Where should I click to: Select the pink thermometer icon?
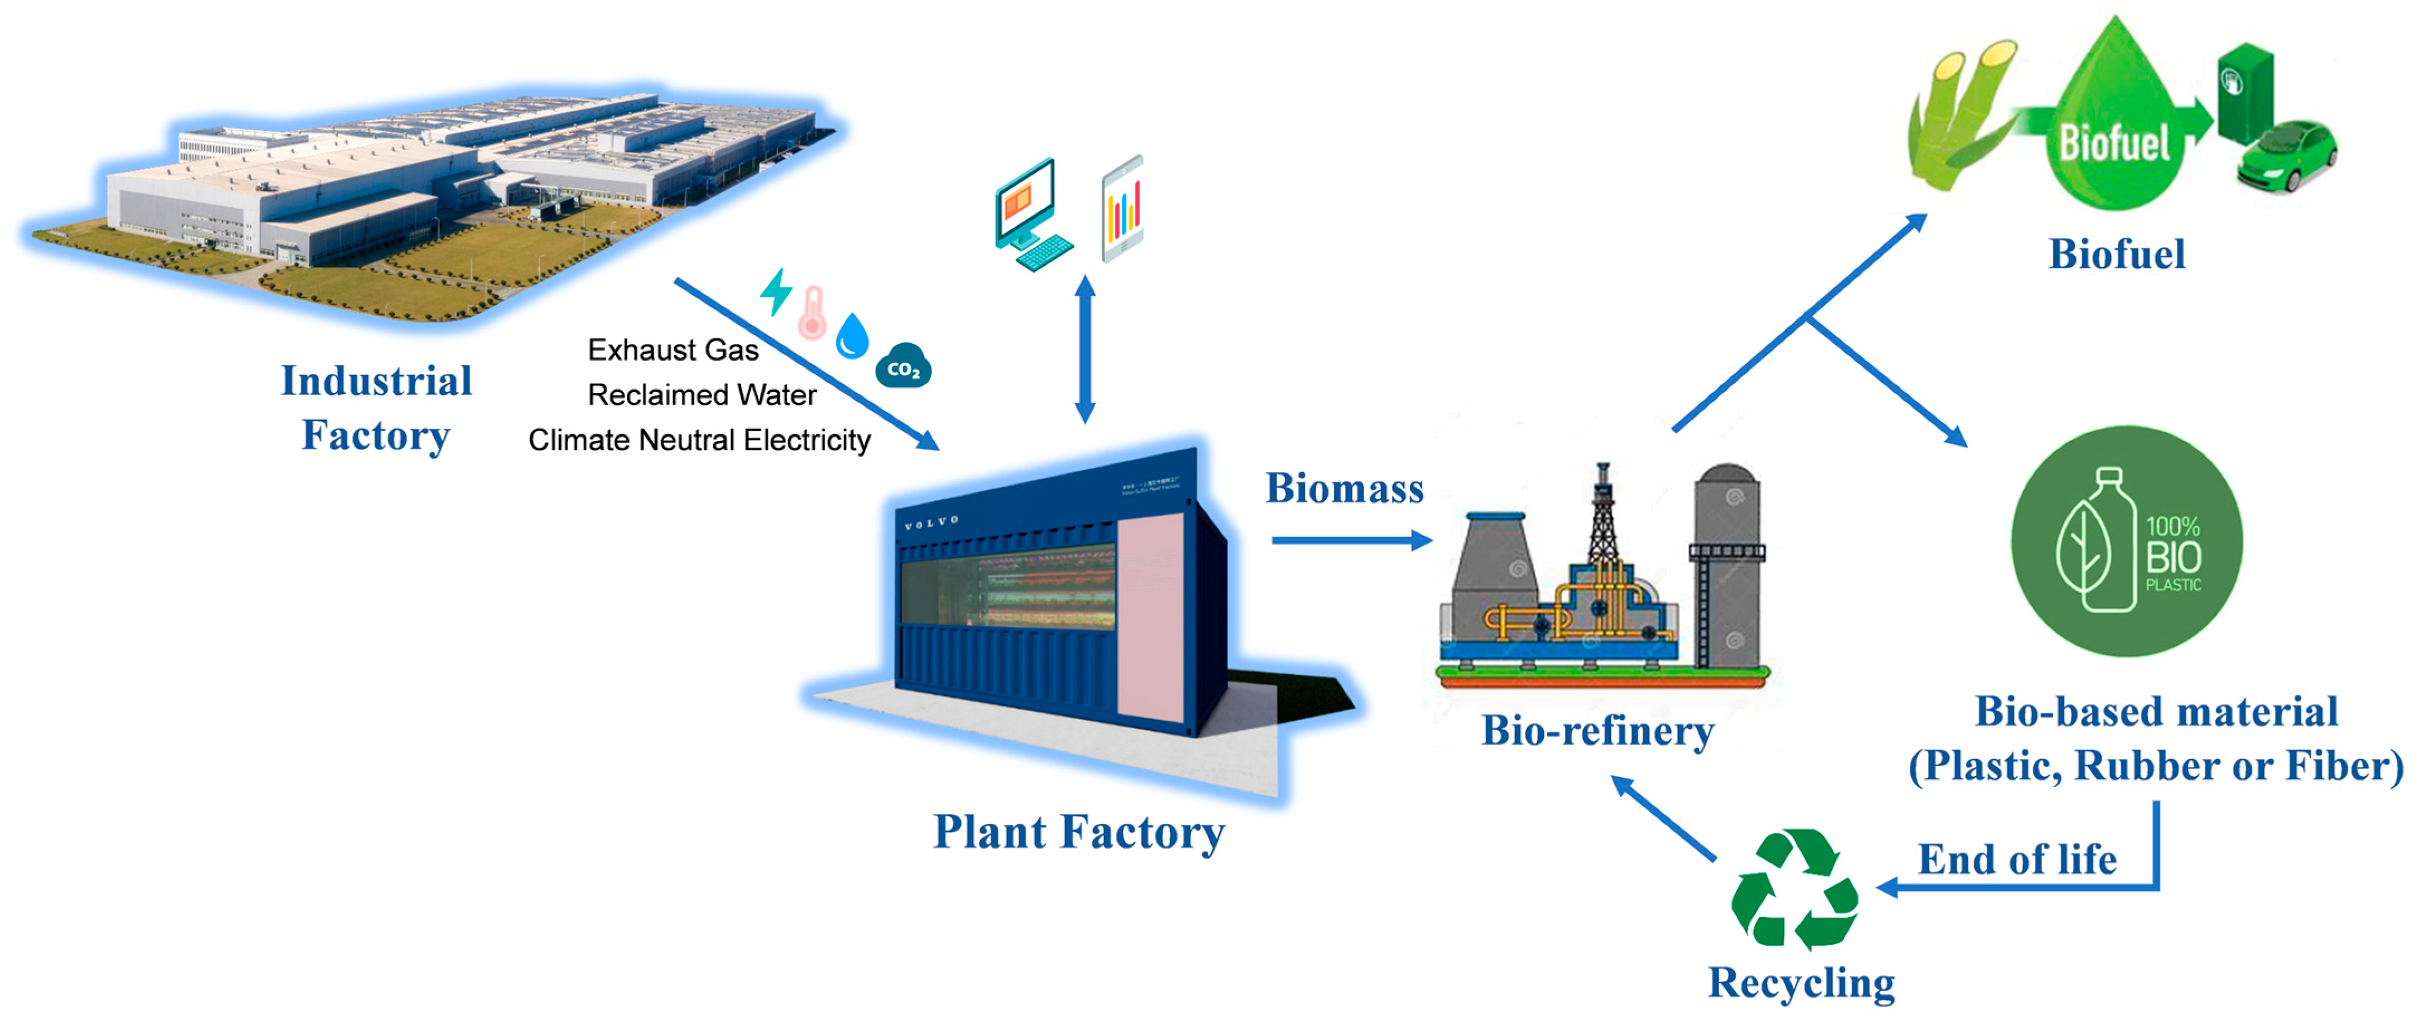(812, 313)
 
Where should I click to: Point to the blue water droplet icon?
(852, 336)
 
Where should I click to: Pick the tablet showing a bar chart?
(1122, 209)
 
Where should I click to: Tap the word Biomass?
(1344, 488)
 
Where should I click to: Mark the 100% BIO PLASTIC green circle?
(2127, 541)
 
